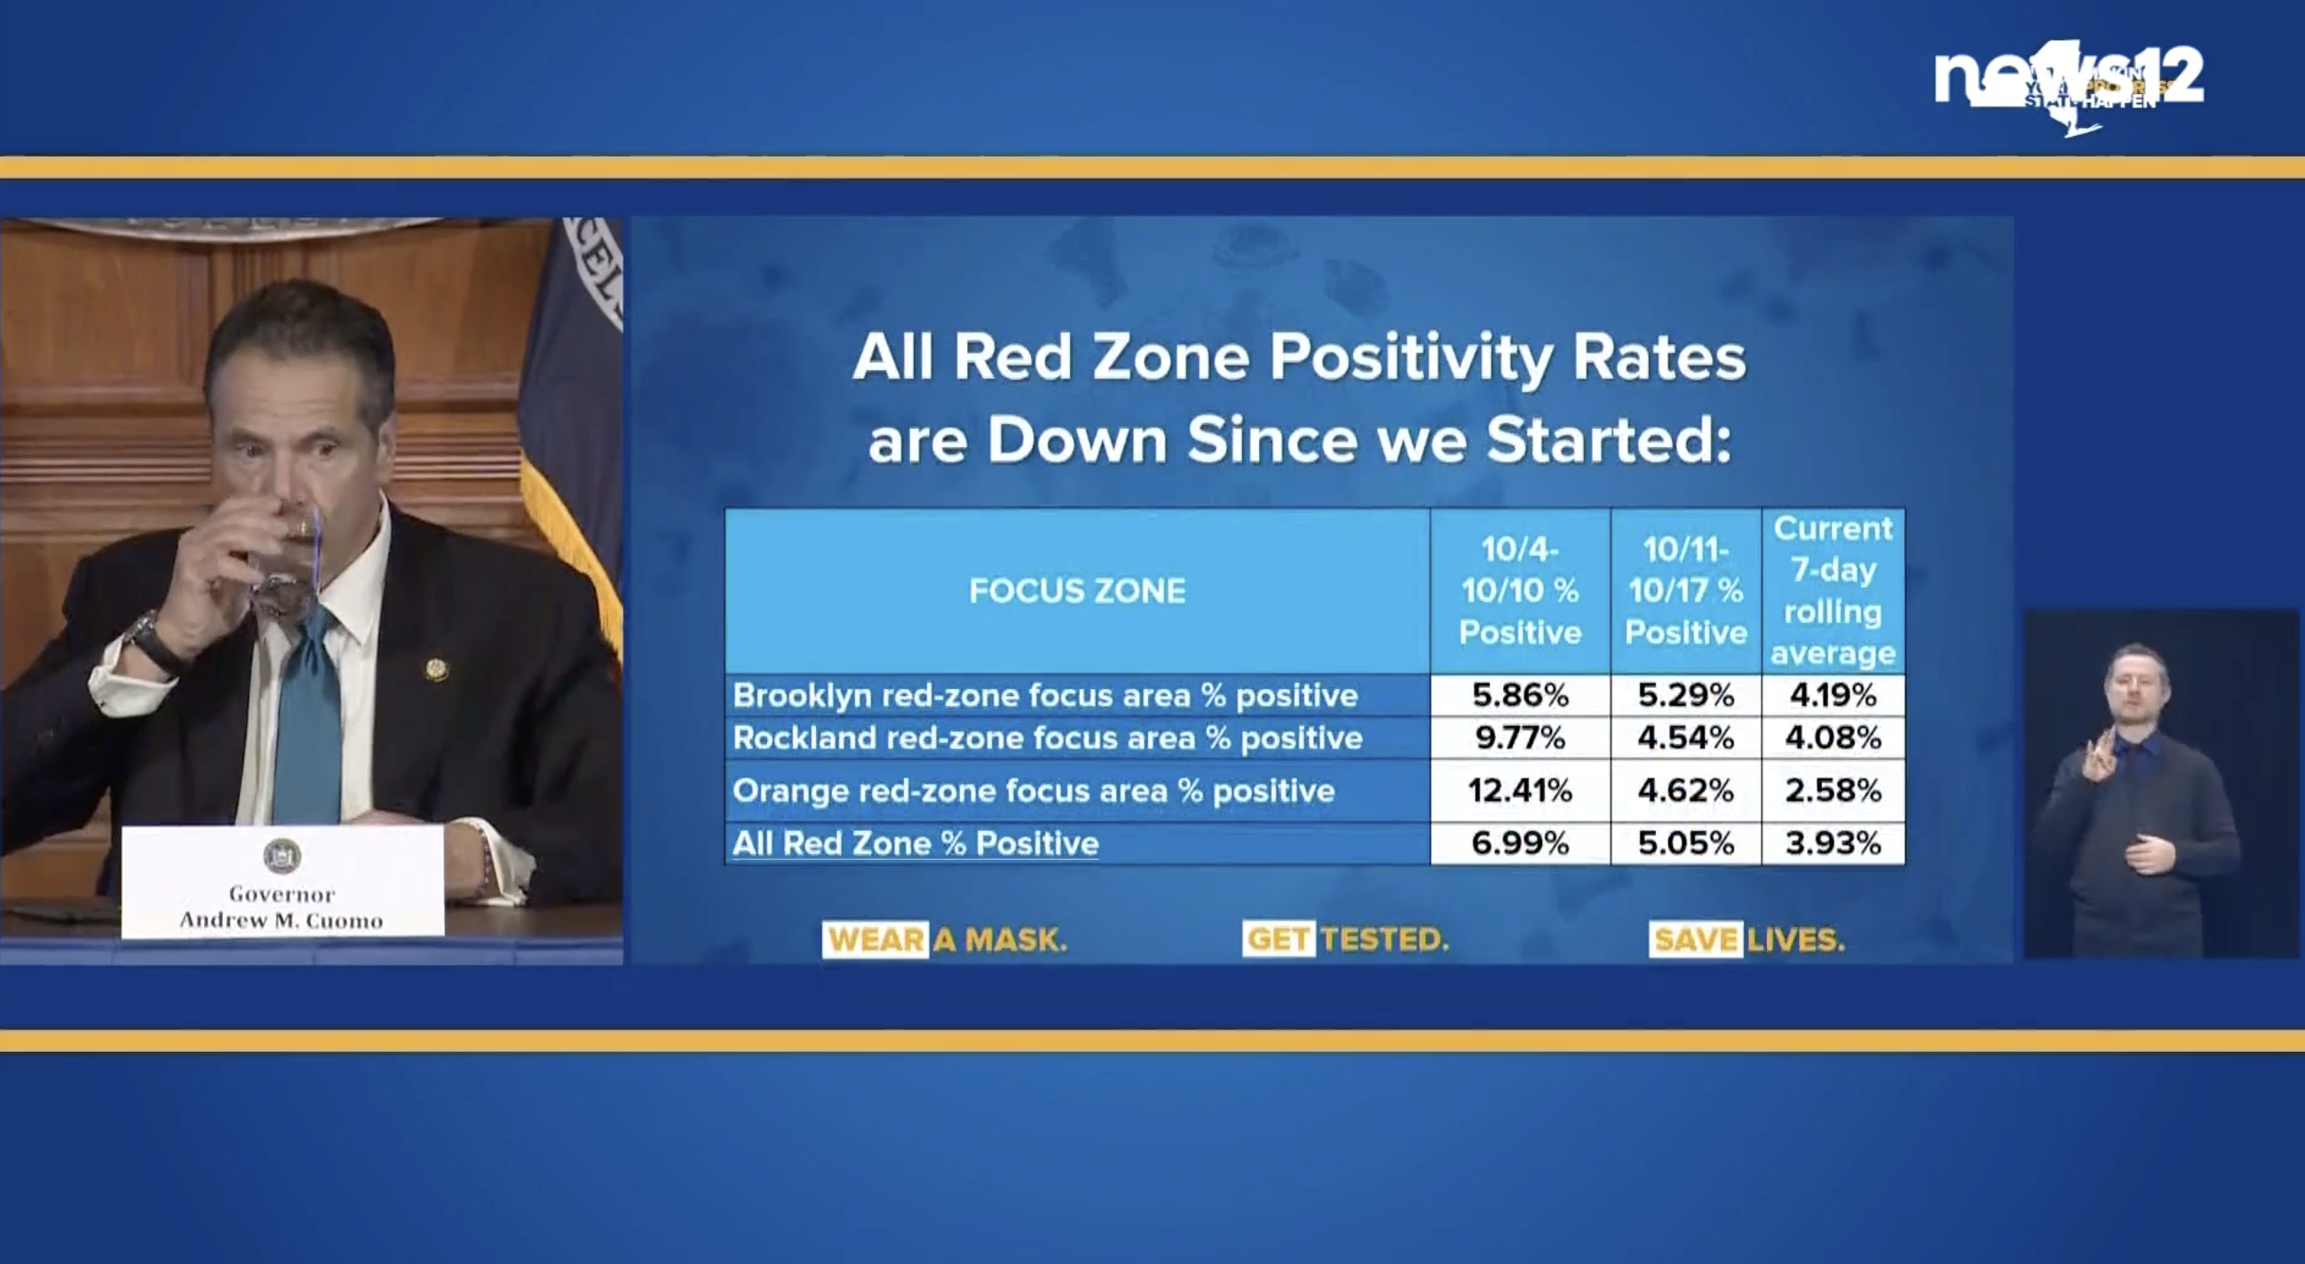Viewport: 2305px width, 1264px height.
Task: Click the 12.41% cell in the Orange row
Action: pos(1519,791)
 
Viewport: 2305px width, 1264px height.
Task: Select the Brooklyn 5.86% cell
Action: pos(1519,695)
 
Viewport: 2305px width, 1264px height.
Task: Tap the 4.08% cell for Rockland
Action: pos(1833,738)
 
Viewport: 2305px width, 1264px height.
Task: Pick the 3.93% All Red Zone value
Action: pos(1833,843)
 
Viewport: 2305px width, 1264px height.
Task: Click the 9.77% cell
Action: pos(1519,738)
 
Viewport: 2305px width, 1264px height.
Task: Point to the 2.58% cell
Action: pos(1833,791)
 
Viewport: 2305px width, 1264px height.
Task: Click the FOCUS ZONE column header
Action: pos(1077,590)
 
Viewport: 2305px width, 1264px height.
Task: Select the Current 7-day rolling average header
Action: pos(1833,590)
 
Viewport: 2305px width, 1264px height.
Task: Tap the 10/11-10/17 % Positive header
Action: pos(1686,590)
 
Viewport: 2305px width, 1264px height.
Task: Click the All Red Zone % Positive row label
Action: pos(915,843)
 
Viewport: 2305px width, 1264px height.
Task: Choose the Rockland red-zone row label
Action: pos(1047,738)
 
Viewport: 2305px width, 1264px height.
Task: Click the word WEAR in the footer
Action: pos(875,939)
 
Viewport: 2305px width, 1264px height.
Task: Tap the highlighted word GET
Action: pos(1279,939)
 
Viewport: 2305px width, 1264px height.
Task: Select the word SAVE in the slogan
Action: pos(1695,939)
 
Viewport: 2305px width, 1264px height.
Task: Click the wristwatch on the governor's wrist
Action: pos(153,643)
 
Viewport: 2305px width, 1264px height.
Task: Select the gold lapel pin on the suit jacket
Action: pos(436,668)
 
